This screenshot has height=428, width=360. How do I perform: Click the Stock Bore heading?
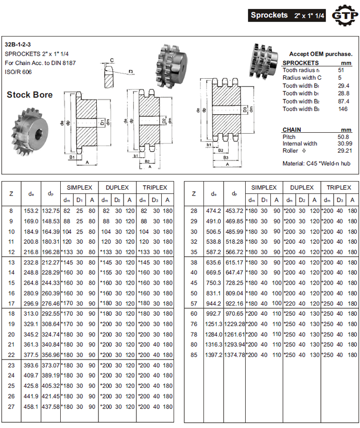point(29,95)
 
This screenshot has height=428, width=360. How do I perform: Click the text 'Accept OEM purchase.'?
point(321,53)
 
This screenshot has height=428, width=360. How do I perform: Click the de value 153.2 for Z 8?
point(31,210)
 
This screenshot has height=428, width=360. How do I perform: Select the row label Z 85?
point(194,355)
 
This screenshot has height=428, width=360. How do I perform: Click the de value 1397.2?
point(214,355)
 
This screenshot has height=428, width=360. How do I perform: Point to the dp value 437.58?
point(51,406)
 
